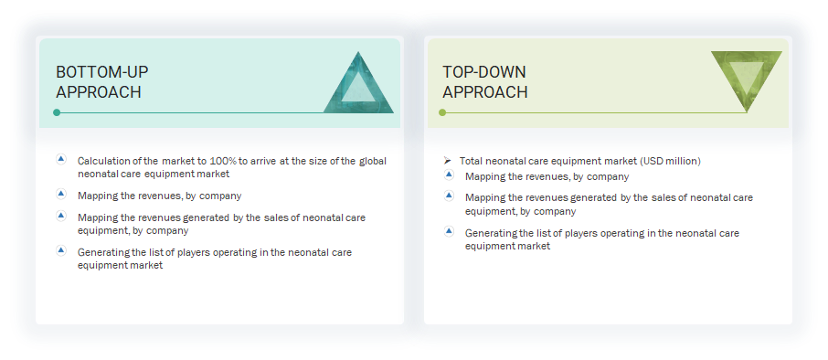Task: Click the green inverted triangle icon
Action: coord(747,77)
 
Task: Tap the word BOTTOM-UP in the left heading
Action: coord(101,72)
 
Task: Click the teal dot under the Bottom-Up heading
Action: coord(57,112)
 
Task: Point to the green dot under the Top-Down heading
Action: coord(442,112)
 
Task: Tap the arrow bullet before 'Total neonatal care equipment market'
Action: coord(447,161)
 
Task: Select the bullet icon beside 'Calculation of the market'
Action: coord(61,159)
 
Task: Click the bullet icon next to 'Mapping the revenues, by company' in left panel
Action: coord(61,194)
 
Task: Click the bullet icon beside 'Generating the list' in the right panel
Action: coord(449,231)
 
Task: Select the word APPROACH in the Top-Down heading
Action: coord(484,92)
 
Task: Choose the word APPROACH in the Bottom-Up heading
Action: coord(98,92)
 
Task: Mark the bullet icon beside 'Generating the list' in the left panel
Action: coord(61,250)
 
